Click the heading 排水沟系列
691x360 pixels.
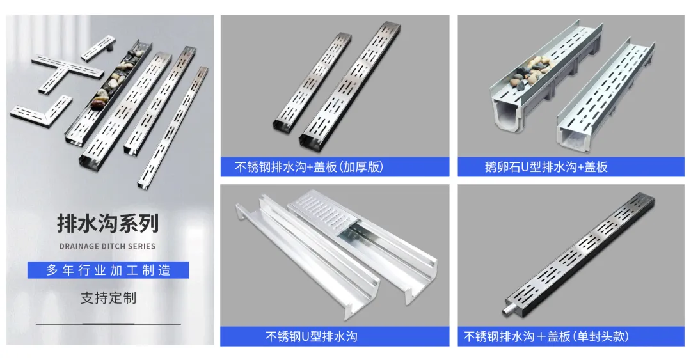108,223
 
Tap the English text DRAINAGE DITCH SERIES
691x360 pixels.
107,246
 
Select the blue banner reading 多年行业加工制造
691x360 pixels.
108,270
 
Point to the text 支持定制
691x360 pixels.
108,298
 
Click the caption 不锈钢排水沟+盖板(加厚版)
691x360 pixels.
309,167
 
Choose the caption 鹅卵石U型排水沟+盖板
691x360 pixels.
546,167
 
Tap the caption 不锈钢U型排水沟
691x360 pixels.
311,336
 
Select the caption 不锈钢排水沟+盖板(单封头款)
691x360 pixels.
546,336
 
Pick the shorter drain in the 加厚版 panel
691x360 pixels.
313,81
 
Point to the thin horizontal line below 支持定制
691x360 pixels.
108,324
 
